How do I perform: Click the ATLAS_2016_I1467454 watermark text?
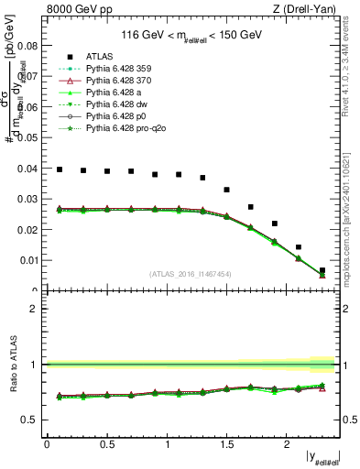click(x=191, y=274)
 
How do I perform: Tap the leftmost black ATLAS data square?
click(x=60, y=169)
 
